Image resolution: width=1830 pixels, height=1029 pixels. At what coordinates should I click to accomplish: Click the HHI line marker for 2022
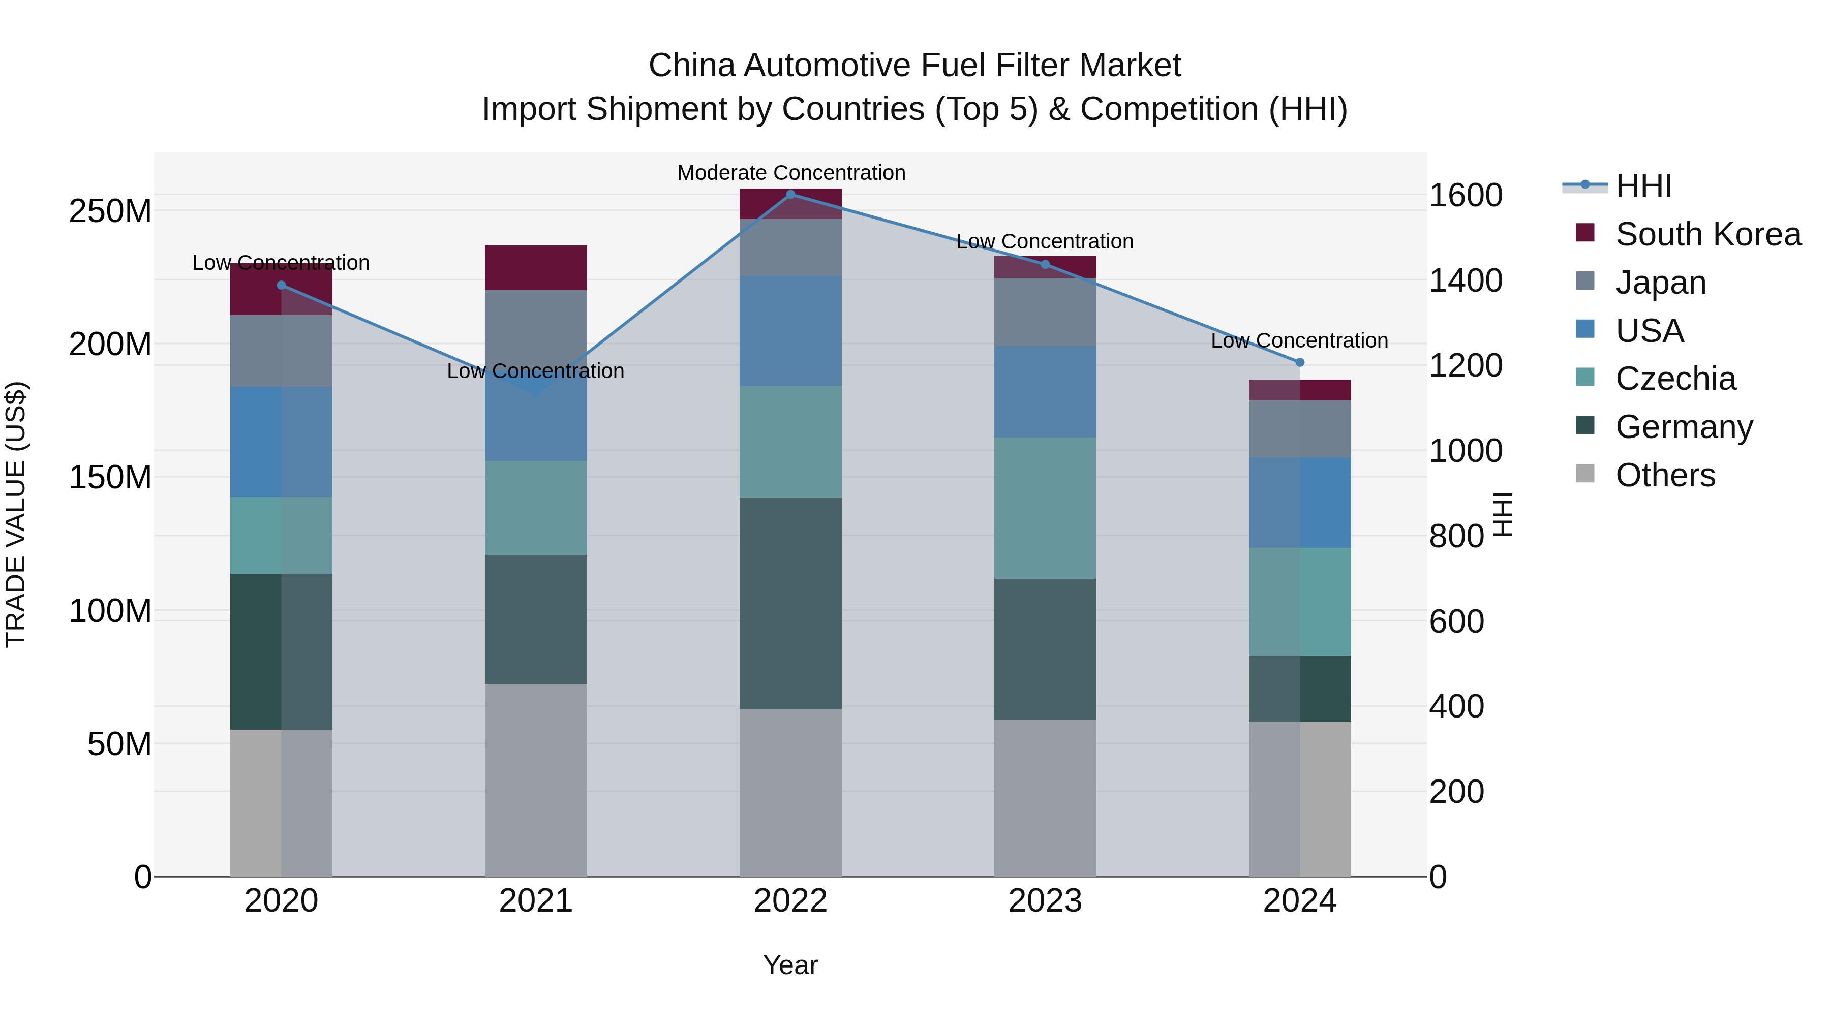tap(790, 195)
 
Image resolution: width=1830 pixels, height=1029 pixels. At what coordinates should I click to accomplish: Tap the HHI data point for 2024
tap(1300, 362)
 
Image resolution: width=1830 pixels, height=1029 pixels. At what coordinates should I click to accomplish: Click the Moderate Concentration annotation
tap(790, 173)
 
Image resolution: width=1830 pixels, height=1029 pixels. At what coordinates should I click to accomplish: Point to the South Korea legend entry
tap(1708, 234)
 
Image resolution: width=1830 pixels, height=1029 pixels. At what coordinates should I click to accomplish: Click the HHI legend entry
tap(1643, 186)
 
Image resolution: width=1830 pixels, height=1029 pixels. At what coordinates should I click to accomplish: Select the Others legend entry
tap(1665, 475)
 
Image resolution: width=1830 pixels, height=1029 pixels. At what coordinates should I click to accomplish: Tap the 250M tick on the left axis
tap(110, 211)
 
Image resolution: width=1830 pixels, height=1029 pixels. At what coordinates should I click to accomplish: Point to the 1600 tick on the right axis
tap(1465, 195)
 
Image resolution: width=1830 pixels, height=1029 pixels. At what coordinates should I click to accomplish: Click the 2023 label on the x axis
tap(1045, 901)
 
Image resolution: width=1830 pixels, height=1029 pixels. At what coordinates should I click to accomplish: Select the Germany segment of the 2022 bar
tap(790, 604)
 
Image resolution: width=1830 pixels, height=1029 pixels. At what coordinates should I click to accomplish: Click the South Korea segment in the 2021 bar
tap(536, 268)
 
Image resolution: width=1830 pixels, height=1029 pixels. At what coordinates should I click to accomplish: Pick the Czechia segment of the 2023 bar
tap(1045, 508)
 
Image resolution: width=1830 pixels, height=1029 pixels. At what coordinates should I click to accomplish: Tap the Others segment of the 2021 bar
tap(536, 779)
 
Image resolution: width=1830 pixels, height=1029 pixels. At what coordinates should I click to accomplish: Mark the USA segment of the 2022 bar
tap(790, 331)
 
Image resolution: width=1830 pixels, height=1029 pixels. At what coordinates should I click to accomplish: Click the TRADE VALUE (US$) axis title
tap(16, 514)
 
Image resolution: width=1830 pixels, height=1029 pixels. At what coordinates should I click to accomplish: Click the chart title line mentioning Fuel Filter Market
tap(914, 66)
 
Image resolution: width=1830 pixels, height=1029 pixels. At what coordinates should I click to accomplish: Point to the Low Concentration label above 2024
tap(1299, 341)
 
